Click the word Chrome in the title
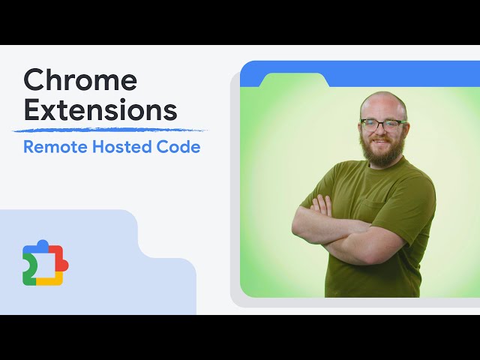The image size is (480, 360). pyautogui.click(x=80, y=80)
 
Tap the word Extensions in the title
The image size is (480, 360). pyautogui.click(x=100, y=109)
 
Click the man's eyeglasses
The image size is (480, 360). pyautogui.click(x=382, y=123)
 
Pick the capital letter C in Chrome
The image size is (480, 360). pyautogui.click(x=34, y=80)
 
